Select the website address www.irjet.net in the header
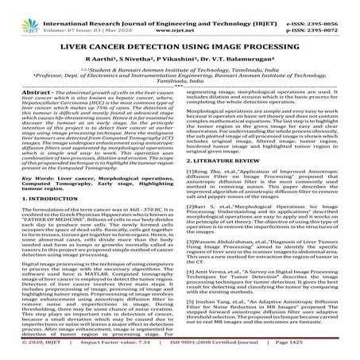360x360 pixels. tap(184, 15)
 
